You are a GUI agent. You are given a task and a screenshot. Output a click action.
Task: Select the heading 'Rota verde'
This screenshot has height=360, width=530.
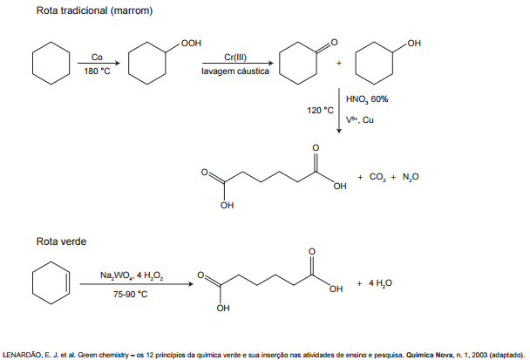click(x=60, y=241)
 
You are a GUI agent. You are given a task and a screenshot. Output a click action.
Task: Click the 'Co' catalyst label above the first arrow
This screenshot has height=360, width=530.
click(x=96, y=57)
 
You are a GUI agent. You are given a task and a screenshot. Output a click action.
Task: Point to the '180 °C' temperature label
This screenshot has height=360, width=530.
click(x=97, y=71)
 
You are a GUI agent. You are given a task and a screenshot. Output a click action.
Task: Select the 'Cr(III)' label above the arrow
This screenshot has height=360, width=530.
click(x=234, y=57)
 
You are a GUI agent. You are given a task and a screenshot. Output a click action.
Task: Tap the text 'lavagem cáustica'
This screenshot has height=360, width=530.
click(x=234, y=71)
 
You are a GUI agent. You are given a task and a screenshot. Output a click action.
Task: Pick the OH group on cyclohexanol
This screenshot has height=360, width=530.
click(x=414, y=42)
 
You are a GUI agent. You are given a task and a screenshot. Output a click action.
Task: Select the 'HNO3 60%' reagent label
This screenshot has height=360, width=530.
click(x=367, y=98)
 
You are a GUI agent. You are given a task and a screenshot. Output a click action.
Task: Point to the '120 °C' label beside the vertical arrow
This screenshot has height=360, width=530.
click(x=321, y=111)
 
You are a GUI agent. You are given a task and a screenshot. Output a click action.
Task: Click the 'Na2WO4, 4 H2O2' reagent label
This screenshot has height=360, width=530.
click(x=131, y=276)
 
